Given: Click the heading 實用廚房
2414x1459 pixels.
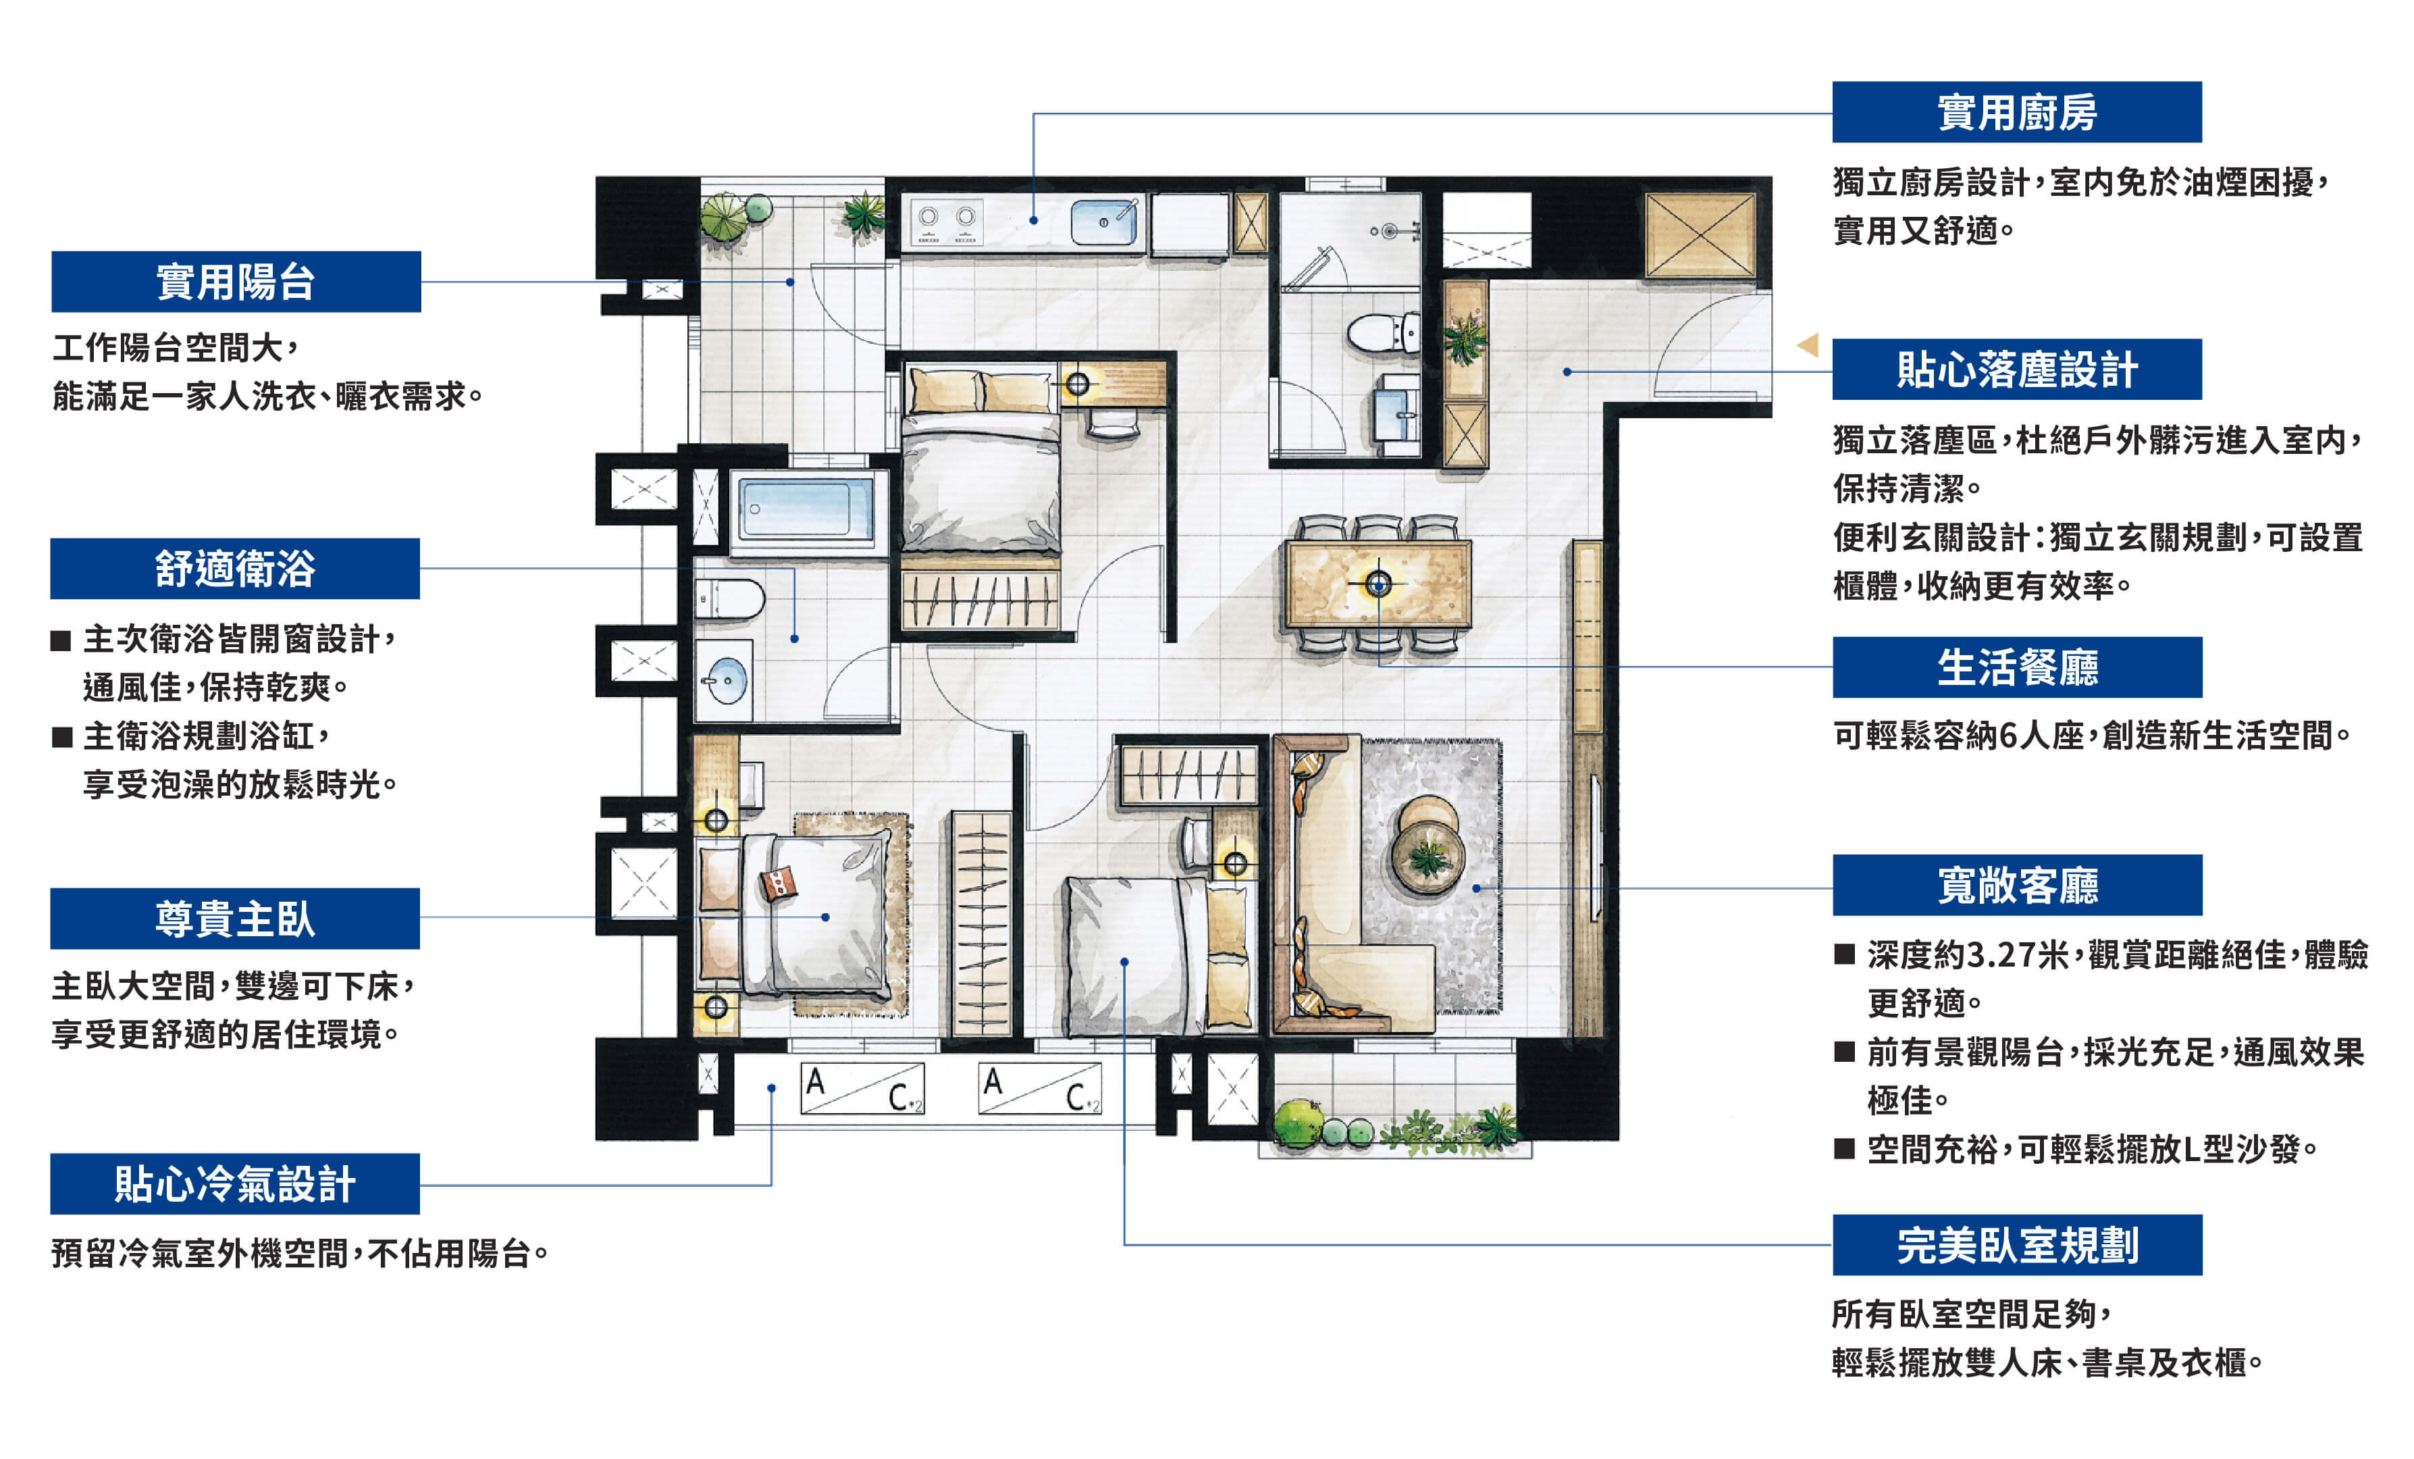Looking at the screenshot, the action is [2016, 111].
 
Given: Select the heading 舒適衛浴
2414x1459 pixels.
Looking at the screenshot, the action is [235, 568].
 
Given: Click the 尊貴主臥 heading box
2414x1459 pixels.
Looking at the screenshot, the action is [235, 918].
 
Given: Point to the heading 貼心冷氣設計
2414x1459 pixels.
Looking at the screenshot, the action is [235, 1183].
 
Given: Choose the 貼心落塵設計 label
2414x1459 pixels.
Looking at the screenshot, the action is [2016, 369].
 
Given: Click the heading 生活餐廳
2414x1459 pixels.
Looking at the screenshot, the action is [2017, 667].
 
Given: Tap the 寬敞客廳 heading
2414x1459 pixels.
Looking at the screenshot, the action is [2017, 885].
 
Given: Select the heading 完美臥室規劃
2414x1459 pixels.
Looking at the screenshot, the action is [2017, 1244].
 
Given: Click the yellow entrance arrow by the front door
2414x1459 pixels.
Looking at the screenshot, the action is [1808, 345].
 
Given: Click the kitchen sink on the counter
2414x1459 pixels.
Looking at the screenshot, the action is [1104, 222].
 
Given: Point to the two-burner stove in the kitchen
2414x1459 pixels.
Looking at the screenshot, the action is [947, 222].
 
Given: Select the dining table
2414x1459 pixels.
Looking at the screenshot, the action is [1378, 584].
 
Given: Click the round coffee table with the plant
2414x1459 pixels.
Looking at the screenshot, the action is [1428, 859].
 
